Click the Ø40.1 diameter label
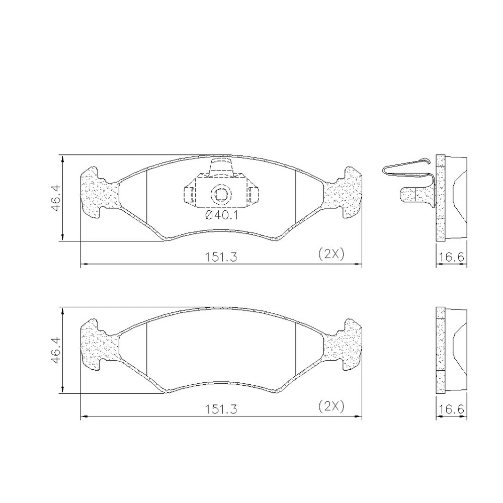pyautogui.click(x=221, y=215)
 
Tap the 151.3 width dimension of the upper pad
pyautogui.click(x=221, y=257)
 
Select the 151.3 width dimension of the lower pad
pyautogui.click(x=221, y=409)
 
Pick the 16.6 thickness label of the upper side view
pyautogui.click(x=452, y=257)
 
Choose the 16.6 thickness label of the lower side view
pyautogui.click(x=452, y=409)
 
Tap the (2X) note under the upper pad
pyautogui.click(x=331, y=255)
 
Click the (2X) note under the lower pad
pyautogui.click(x=331, y=406)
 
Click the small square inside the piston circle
pyautogui.click(x=221, y=194)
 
